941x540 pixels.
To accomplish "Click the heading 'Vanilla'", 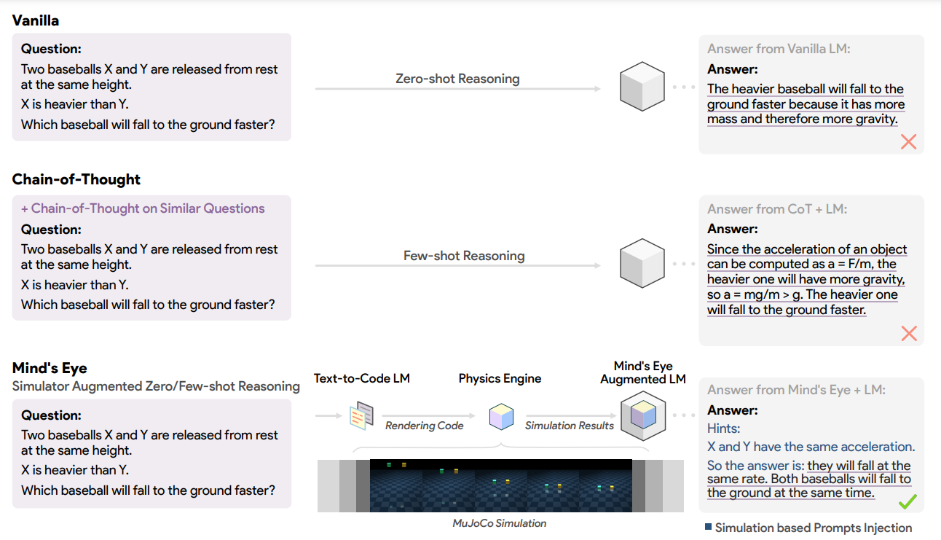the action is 35,20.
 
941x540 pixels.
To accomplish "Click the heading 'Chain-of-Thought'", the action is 76,179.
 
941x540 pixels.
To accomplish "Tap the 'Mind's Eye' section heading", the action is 50,368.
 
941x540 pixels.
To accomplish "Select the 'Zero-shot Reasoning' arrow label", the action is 457,79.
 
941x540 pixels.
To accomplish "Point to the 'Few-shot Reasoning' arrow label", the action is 464,256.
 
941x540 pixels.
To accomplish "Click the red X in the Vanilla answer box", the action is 909,141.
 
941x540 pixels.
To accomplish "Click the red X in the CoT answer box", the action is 909,334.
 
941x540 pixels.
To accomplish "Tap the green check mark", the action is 907,501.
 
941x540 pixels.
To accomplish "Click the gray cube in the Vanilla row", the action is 642,87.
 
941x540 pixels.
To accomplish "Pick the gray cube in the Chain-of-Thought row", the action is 642,263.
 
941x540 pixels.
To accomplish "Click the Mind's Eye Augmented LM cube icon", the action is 643,415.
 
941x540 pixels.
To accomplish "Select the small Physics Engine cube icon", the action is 501,416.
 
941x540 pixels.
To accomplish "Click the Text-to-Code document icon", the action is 361,415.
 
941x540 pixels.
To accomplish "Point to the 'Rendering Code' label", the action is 425,426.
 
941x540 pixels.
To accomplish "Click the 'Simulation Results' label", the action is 570,426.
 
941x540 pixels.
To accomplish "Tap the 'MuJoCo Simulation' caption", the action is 499,523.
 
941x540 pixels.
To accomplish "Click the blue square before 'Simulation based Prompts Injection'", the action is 708,527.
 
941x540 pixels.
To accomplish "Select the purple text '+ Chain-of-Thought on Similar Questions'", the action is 143,208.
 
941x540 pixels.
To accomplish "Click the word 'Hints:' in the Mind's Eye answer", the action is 723,429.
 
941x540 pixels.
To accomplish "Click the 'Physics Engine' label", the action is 500,378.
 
